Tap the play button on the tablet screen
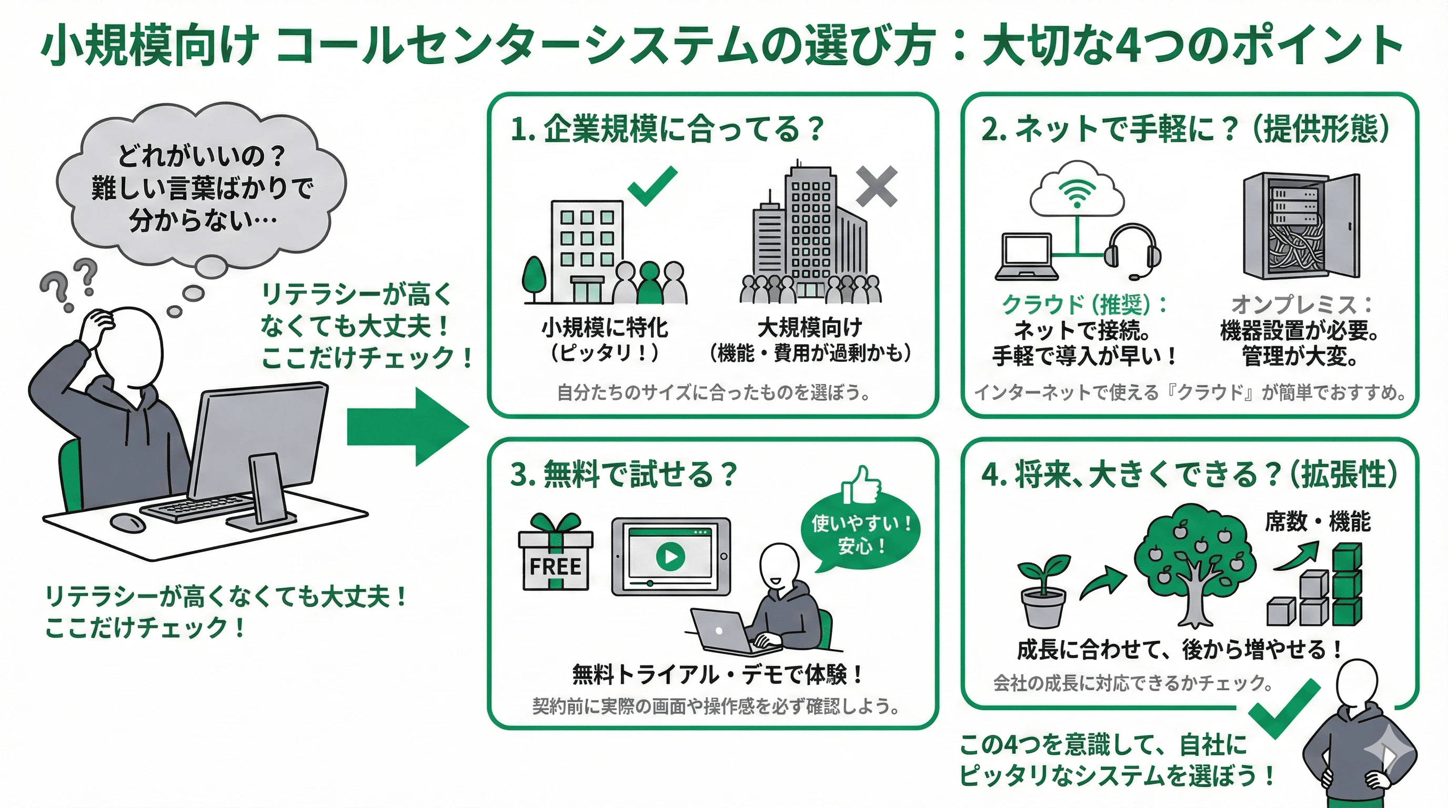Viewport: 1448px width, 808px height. click(670, 556)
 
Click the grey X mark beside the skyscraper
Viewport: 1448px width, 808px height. click(877, 187)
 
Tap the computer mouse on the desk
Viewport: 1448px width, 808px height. click(128, 522)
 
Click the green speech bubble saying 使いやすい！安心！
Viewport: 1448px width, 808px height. click(861, 534)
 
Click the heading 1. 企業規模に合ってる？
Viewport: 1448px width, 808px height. click(667, 129)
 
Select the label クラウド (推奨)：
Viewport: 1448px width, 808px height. click(1085, 305)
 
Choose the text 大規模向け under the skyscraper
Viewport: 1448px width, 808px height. click(809, 328)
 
